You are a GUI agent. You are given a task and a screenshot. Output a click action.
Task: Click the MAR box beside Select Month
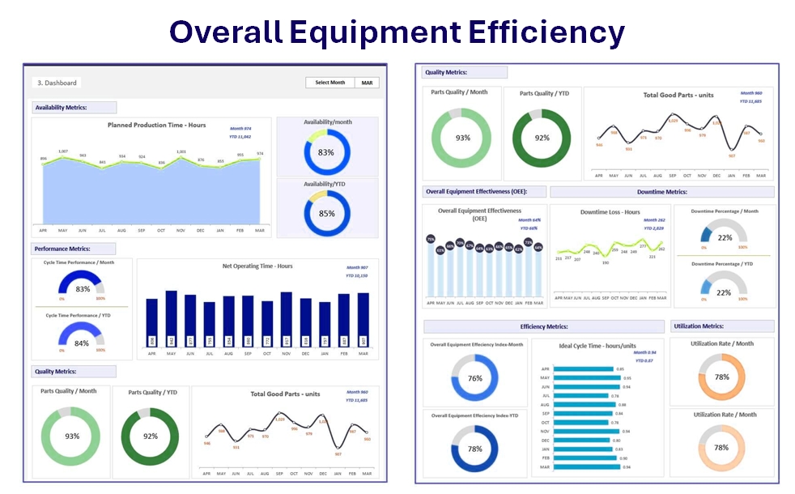point(368,83)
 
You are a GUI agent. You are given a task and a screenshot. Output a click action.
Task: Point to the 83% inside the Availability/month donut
point(325,152)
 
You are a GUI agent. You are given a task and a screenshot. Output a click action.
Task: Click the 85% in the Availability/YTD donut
point(325,214)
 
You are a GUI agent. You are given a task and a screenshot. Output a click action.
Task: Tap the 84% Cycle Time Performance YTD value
point(83,343)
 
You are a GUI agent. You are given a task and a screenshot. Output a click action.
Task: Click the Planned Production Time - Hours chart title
point(157,126)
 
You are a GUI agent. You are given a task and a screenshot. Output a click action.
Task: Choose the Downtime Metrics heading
point(661,192)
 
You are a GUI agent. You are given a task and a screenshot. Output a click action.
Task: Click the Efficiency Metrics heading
point(543,326)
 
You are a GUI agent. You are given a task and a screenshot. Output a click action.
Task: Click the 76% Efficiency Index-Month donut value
point(475,378)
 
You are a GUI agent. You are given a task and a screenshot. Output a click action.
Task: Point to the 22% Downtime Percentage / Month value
point(725,238)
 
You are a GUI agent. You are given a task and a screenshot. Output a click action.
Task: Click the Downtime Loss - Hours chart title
point(610,212)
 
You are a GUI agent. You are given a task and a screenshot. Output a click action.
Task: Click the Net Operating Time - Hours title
point(257,266)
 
